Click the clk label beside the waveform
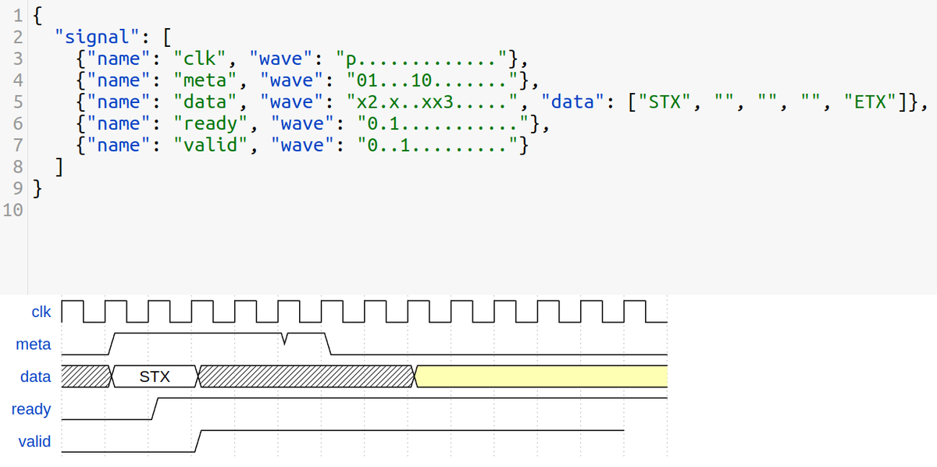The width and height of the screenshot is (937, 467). (41, 312)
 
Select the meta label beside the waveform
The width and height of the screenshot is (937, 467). (33, 344)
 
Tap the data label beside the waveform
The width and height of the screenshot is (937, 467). (35, 376)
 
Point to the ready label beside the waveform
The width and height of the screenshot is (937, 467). (31, 409)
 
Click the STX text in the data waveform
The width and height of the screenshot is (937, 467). (155, 377)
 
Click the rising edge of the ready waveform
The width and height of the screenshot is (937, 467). (156, 408)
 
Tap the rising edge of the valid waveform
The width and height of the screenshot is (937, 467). (199, 440)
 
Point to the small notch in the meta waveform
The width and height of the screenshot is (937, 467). (286, 338)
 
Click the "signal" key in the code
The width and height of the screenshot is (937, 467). (94, 36)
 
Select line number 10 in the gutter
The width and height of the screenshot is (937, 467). (13, 211)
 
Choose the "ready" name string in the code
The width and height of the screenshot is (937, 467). (212, 123)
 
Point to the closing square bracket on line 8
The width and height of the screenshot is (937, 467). (60, 167)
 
